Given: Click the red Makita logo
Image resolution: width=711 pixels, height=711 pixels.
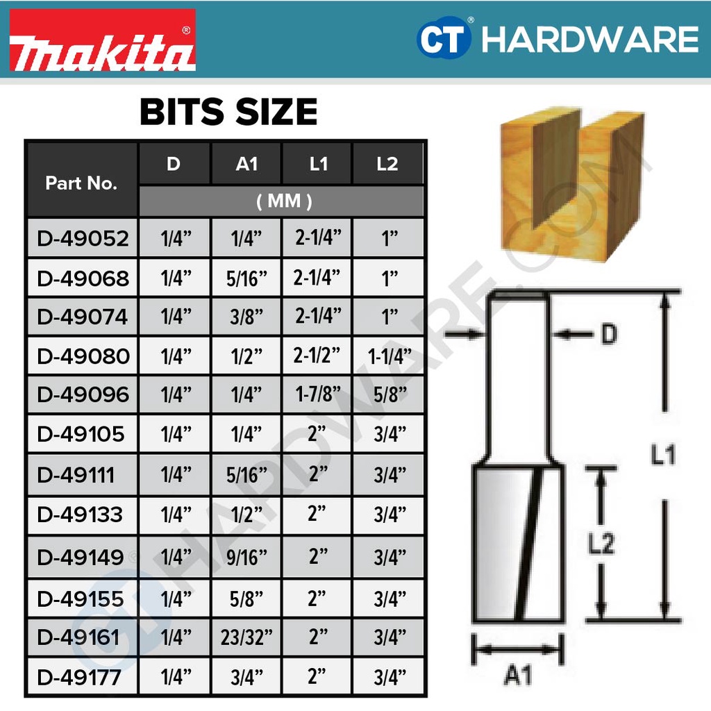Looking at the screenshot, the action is (x=103, y=40).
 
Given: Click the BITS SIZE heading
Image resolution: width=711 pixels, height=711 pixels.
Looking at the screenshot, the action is (x=228, y=112).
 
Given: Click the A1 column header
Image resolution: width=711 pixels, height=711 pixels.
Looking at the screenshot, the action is (x=246, y=164).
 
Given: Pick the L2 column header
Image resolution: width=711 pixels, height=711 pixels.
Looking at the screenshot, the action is (x=387, y=164).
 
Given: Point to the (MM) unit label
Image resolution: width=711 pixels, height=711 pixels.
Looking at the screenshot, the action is (x=284, y=201).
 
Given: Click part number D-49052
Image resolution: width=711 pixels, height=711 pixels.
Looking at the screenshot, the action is (x=83, y=239).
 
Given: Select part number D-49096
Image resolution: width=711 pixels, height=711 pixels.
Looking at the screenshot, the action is (x=83, y=394).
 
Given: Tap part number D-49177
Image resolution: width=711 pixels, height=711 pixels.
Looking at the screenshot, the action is (x=79, y=678).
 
